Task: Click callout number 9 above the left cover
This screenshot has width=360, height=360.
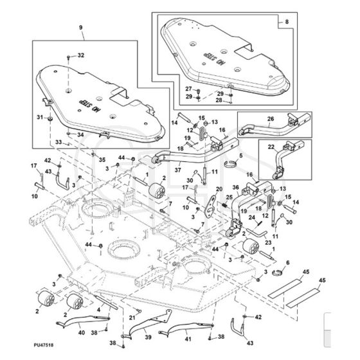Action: [x=80, y=28]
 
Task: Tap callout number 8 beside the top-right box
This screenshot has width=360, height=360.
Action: [x=287, y=22]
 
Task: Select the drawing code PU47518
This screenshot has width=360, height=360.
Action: [x=44, y=345]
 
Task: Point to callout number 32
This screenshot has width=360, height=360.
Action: [x=81, y=55]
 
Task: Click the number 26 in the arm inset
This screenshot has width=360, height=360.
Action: [x=271, y=119]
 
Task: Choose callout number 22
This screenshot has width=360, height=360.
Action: [x=271, y=147]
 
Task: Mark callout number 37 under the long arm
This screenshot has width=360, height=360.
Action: [x=177, y=170]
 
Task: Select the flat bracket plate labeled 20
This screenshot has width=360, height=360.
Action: [x=210, y=206]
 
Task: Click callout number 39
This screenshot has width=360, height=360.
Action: [x=148, y=337]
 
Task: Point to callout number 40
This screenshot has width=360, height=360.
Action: [x=82, y=332]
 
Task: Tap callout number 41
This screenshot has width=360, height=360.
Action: [x=188, y=339]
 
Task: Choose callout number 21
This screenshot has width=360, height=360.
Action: [x=132, y=318]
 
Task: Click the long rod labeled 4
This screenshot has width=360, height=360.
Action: [x=106, y=302]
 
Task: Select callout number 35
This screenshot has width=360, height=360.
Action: [x=102, y=159]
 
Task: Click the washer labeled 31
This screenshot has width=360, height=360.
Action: [x=50, y=120]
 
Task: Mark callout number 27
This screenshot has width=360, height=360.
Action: [x=188, y=89]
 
